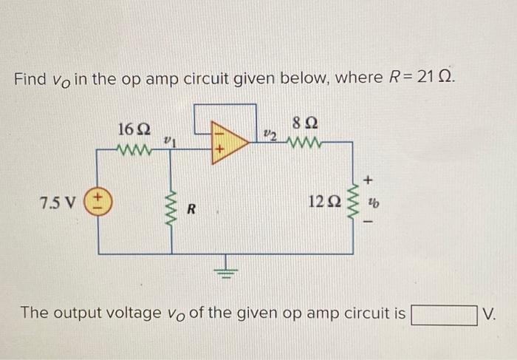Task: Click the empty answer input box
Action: click(443, 313)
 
